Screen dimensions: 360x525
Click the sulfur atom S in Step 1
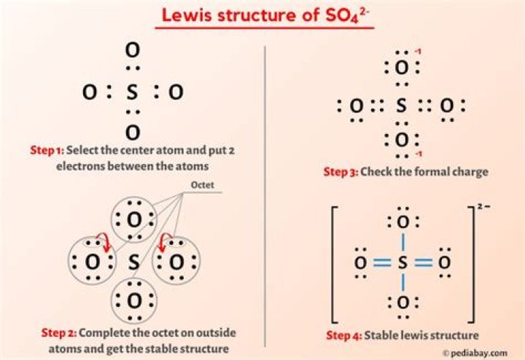click(x=132, y=93)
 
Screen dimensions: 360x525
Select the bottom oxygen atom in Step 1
click(x=132, y=133)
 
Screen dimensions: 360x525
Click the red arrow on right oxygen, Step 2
click(x=166, y=241)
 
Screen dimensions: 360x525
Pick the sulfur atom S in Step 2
click(x=134, y=261)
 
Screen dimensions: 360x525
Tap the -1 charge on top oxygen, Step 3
click(x=418, y=51)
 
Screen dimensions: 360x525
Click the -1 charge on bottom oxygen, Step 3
click(x=418, y=155)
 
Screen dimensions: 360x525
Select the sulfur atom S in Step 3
click(x=400, y=107)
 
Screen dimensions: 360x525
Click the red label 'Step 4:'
click(x=342, y=336)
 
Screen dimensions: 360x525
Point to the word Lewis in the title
click(x=184, y=15)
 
